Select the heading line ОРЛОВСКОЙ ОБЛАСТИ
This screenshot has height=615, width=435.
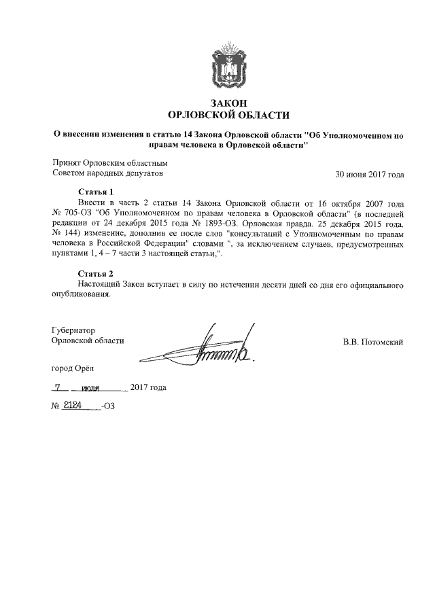pyautogui.click(x=228, y=115)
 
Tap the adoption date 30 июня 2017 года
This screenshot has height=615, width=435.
pyautogui.click(x=370, y=174)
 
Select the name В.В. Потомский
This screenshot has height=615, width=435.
pyautogui.click(x=373, y=342)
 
